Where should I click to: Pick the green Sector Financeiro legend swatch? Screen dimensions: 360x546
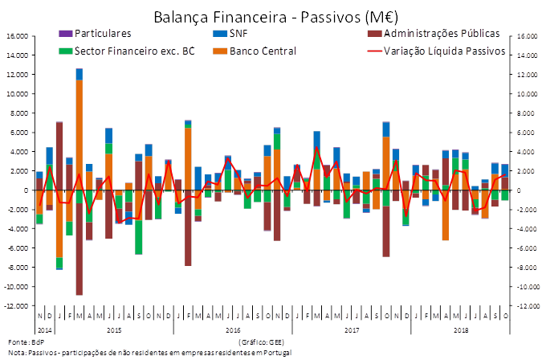65,51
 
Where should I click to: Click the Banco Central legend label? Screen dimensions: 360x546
263,51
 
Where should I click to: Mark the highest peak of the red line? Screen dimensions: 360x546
316,147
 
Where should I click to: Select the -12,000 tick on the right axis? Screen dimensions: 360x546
525,306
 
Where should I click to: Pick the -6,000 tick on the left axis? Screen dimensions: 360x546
18,248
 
